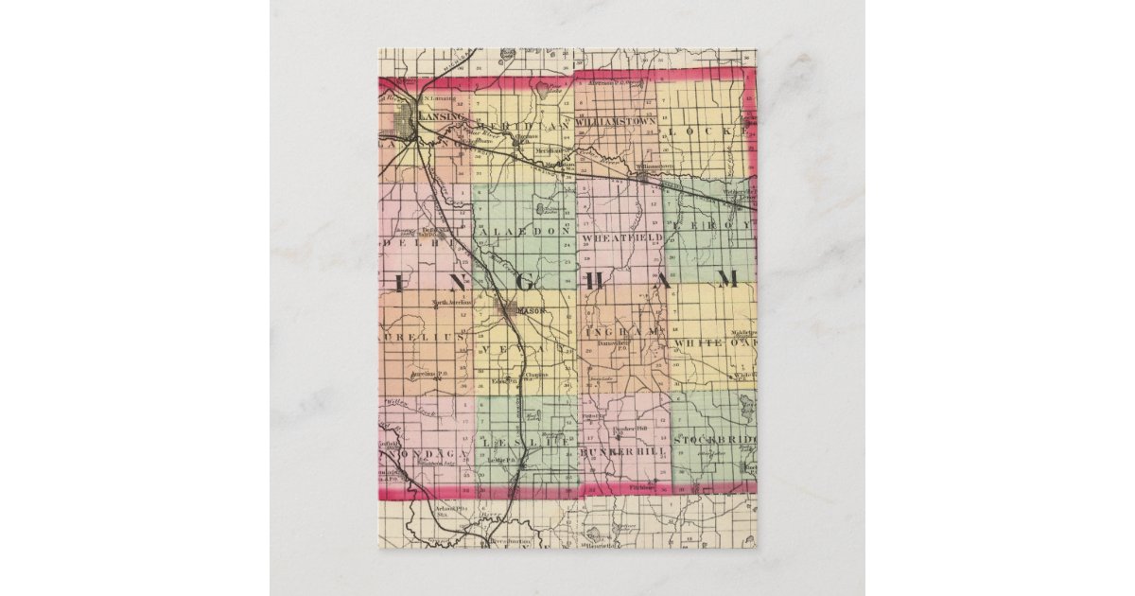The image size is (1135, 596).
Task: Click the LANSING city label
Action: [x=442, y=115]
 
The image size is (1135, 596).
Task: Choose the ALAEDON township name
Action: [x=525, y=231]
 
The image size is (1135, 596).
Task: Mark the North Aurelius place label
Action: [x=451, y=303]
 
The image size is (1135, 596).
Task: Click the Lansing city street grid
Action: [x=409, y=122]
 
